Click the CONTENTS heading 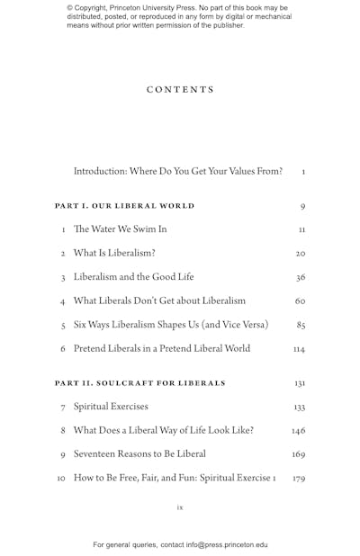(180, 90)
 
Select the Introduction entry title (177, 171)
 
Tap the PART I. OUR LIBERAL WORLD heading (124, 206)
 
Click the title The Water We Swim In (120, 229)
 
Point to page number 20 (301, 254)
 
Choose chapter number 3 (63, 278)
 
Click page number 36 (301, 278)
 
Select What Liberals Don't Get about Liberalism (159, 301)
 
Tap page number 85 (301, 325)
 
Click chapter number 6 (63, 349)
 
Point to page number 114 (299, 349)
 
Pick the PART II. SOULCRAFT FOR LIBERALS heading (139, 383)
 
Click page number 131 (300, 383)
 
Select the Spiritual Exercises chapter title (111, 408)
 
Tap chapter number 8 (63, 431)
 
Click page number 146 (299, 431)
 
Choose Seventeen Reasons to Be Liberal (139, 454)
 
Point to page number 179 (299, 479)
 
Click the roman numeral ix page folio (180, 507)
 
